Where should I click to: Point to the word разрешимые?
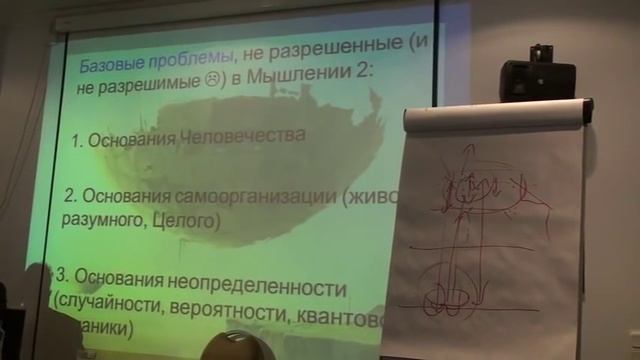pyautogui.click(x=143, y=88)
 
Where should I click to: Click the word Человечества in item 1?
pyautogui.click(x=246, y=139)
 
